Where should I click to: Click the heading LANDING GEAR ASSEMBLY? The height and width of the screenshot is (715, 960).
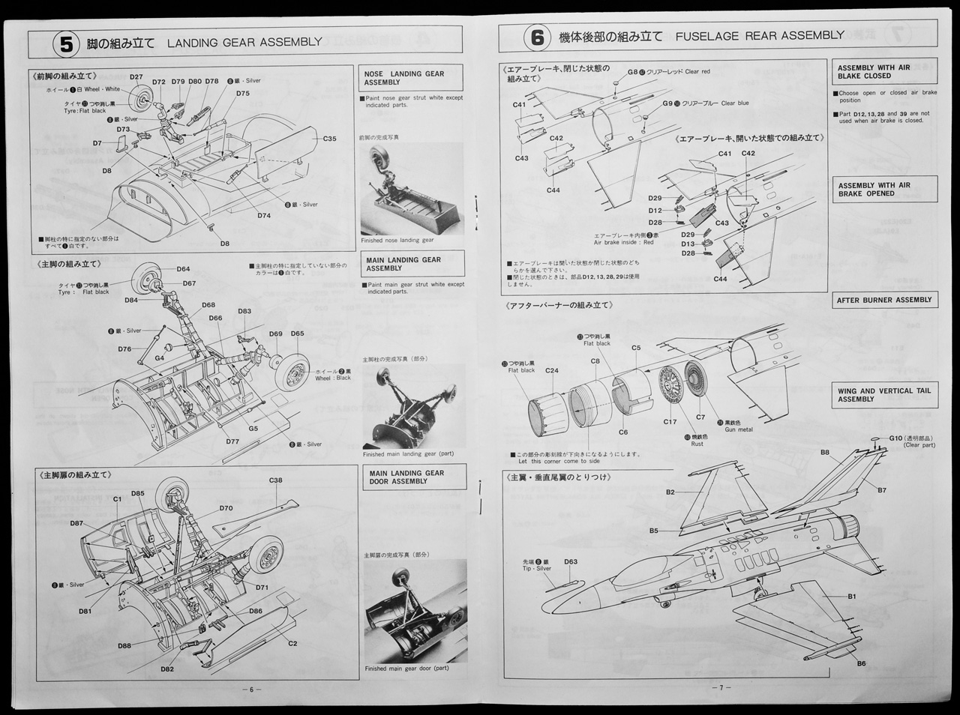[x=244, y=42]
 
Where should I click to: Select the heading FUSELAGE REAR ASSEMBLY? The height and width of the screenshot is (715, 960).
[x=759, y=36]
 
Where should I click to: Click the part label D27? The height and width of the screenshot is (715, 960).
[x=136, y=77]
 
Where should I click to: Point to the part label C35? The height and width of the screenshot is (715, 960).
[x=329, y=139]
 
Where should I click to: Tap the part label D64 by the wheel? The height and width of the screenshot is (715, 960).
[x=183, y=269]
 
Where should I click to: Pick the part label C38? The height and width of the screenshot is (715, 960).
[x=275, y=480]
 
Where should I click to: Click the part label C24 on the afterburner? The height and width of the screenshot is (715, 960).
[x=551, y=370]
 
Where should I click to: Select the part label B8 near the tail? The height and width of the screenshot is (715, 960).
[x=824, y=452]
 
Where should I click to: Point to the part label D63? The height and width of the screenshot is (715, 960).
[x=570, y=561]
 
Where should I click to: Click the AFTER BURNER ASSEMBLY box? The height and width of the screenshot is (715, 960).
[x=883, y=300]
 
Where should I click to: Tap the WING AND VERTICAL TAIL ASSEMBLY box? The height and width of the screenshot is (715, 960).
[x=883, y=395]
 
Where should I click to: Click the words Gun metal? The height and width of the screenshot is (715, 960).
[x=738, y=429]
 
